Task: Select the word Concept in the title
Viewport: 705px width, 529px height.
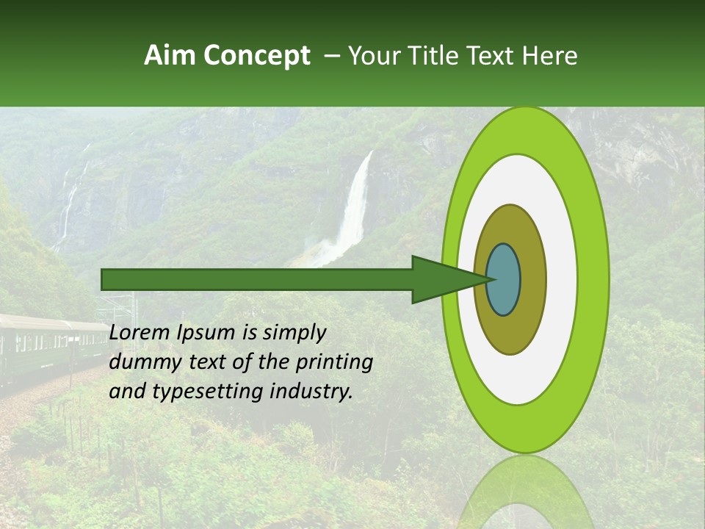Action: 256,57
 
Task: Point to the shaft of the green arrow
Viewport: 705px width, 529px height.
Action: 257,280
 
